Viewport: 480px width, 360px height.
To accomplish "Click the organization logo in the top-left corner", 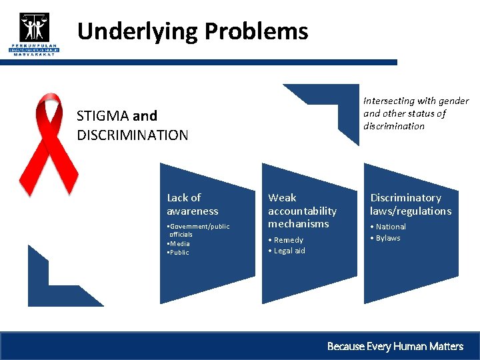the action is [34, 33].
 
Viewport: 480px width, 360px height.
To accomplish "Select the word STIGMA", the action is [102, 115].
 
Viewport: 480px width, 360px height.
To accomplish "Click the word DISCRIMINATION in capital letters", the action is [133, 135].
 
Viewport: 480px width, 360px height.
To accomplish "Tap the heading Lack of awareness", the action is [192, 204].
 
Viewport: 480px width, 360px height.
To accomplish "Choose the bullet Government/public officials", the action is [199, 230].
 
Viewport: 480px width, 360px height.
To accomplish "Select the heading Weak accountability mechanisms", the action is [302, 211].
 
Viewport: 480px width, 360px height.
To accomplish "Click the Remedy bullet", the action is [287, 240].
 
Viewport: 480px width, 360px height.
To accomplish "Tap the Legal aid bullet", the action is [287, 251].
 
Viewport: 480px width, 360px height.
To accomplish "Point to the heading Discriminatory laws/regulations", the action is [411, 204].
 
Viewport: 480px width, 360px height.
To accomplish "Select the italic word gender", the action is [454, 101].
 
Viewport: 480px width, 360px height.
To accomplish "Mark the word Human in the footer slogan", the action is [411, 346].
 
